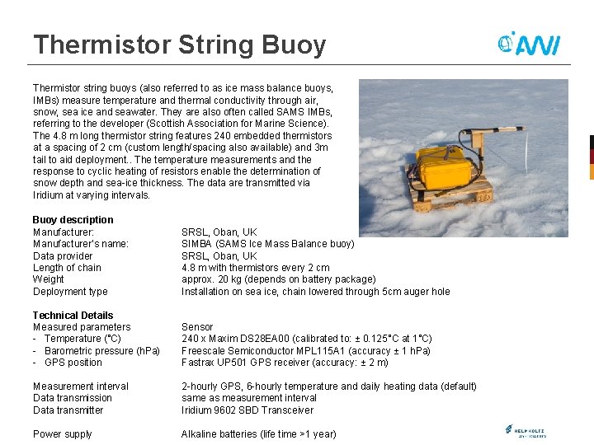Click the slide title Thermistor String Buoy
(179, 44)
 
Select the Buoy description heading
(73, 220)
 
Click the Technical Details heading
(73, 315)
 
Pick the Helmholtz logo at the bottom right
(525, 431)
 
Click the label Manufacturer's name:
(80, 244)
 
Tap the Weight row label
(48, 279)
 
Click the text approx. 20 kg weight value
(278, 279)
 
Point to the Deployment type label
(70, 292)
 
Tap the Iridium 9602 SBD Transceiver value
(247, 410)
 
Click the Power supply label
(62, 434)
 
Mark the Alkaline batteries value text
(259, 434)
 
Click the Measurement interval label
(80, 386)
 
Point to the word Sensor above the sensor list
(197, 327)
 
